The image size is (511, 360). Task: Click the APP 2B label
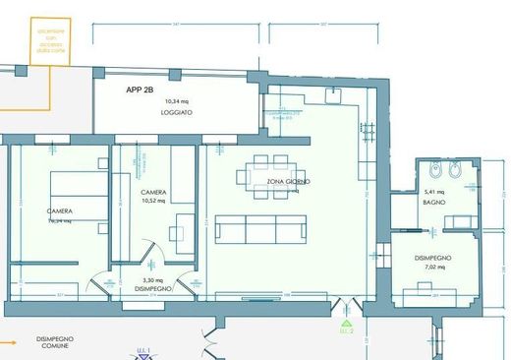[x=141, y=89]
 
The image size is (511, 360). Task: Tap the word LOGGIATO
[x=177, y=113]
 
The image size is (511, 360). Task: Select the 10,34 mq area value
[x=177, y=101]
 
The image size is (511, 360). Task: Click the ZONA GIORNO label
[x=289, y=182]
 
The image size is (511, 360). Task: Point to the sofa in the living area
[x=260, y=229]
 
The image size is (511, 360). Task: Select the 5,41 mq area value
[x=434, y=191]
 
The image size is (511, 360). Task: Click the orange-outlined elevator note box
[x=50, y=39]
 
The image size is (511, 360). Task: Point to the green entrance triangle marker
[x=346, y=321]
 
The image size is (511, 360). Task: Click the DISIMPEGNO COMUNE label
[x=55, y=342]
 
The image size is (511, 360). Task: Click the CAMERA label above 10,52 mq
[x=152, y=192]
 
